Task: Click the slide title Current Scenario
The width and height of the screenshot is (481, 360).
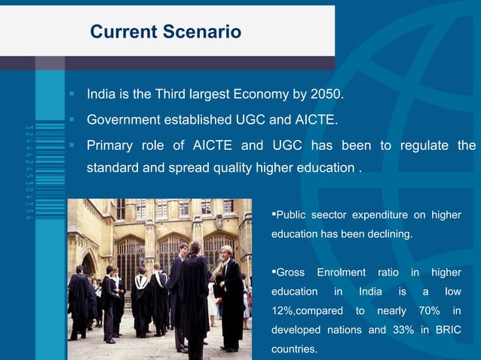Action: pyautogui.click(x=165, y=32)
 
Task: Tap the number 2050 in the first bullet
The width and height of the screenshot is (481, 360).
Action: pyautogui.click(x=326, y=96)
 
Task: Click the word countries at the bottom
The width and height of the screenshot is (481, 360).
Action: pyautogui.click(x=294, y=349)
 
